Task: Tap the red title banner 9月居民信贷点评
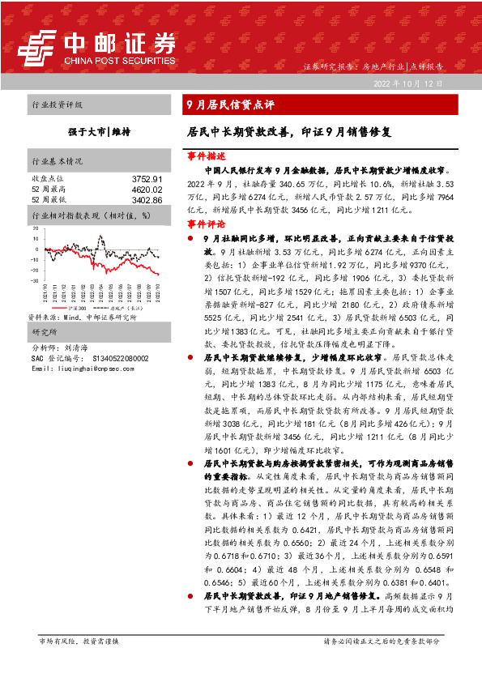pos(231,104)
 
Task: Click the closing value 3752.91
pos(147,178)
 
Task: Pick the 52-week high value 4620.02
pos(147,189)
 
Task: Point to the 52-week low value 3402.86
pos(147,198)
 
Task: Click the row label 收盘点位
pos(47,178)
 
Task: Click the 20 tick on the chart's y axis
pos(36,229)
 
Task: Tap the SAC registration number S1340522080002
pos(120,357)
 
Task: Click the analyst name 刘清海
pos(79,347)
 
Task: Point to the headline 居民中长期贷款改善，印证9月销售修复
pos(289,130)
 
